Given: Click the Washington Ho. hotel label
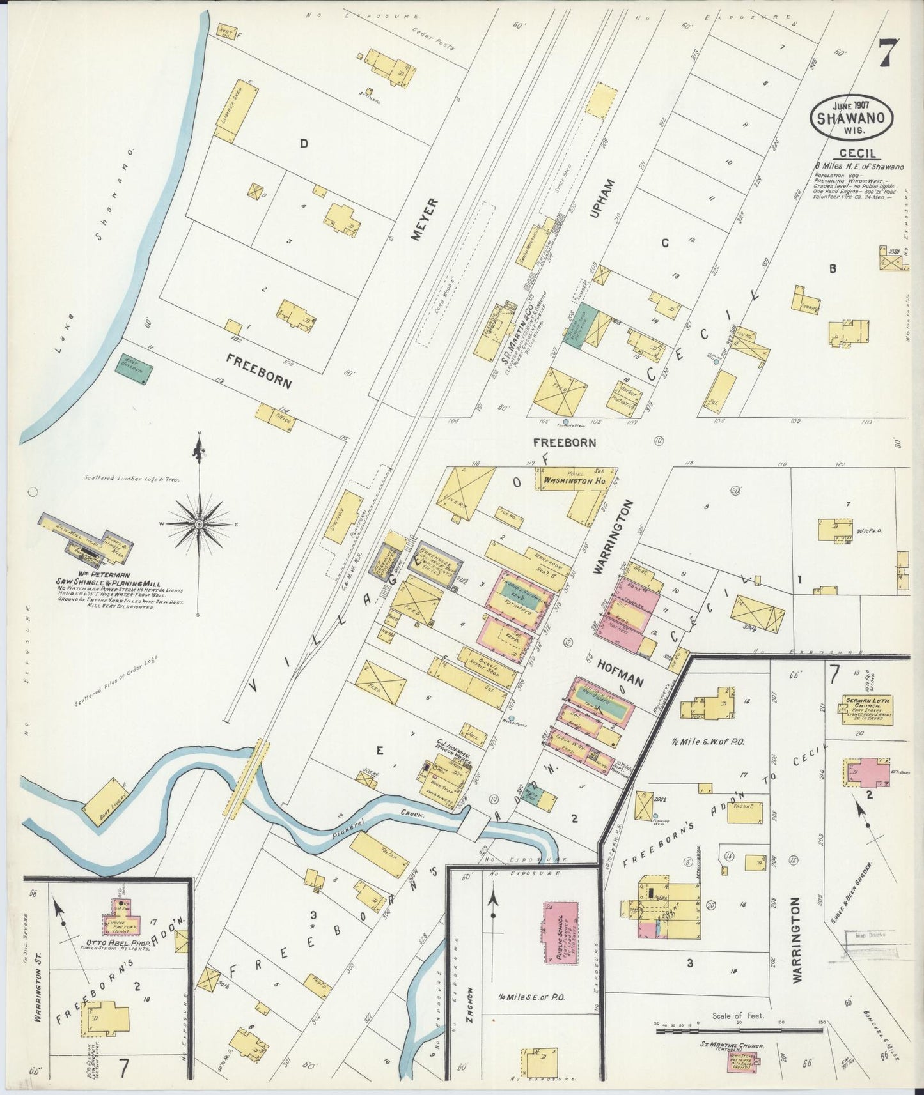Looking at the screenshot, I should point(574,480).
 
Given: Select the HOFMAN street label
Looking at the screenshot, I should point(620,672).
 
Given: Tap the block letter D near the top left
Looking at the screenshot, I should point(304,144).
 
